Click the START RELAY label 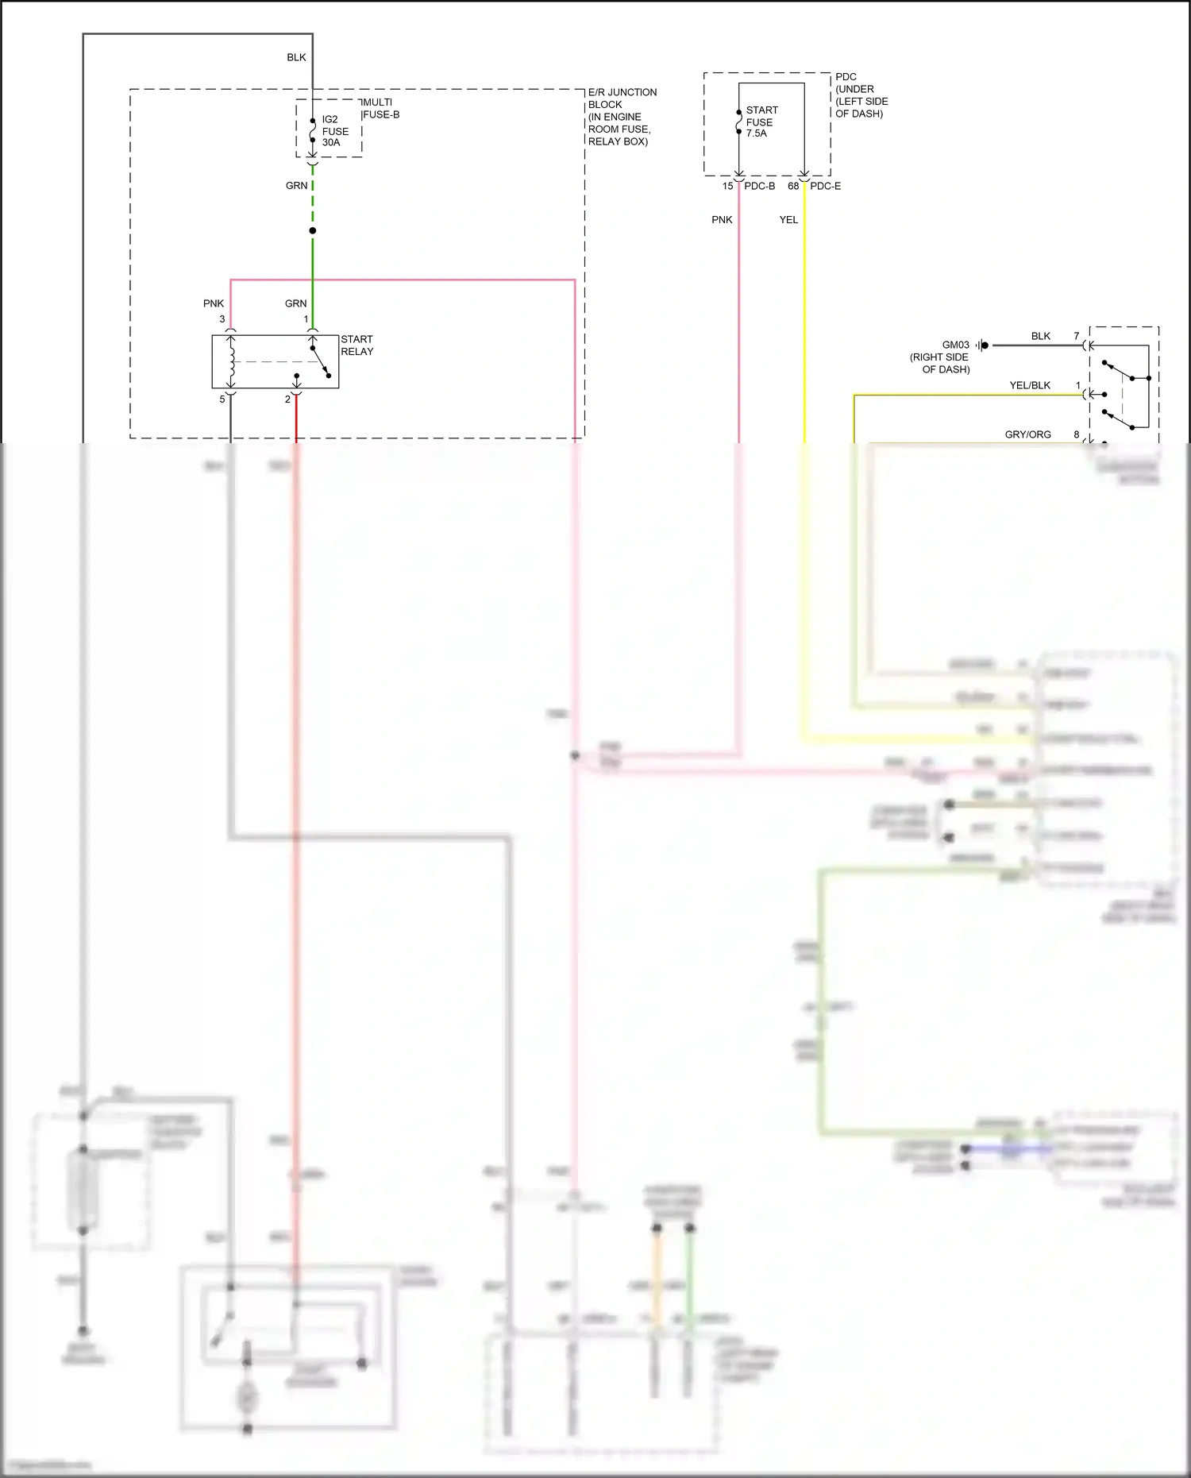357,345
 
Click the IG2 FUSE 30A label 334,131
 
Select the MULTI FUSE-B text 380,108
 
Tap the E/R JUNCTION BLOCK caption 622,117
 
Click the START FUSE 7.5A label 761,122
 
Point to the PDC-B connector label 759,186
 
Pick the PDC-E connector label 825,186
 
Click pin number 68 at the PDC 793,186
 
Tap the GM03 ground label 955,345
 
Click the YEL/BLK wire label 1030,385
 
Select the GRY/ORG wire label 1027,434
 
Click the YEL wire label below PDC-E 788,220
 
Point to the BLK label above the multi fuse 296,57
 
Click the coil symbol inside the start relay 231,362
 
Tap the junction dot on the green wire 313,231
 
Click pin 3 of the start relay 222,319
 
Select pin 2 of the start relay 287,399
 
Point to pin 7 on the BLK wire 1077,336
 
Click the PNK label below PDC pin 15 722,220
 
